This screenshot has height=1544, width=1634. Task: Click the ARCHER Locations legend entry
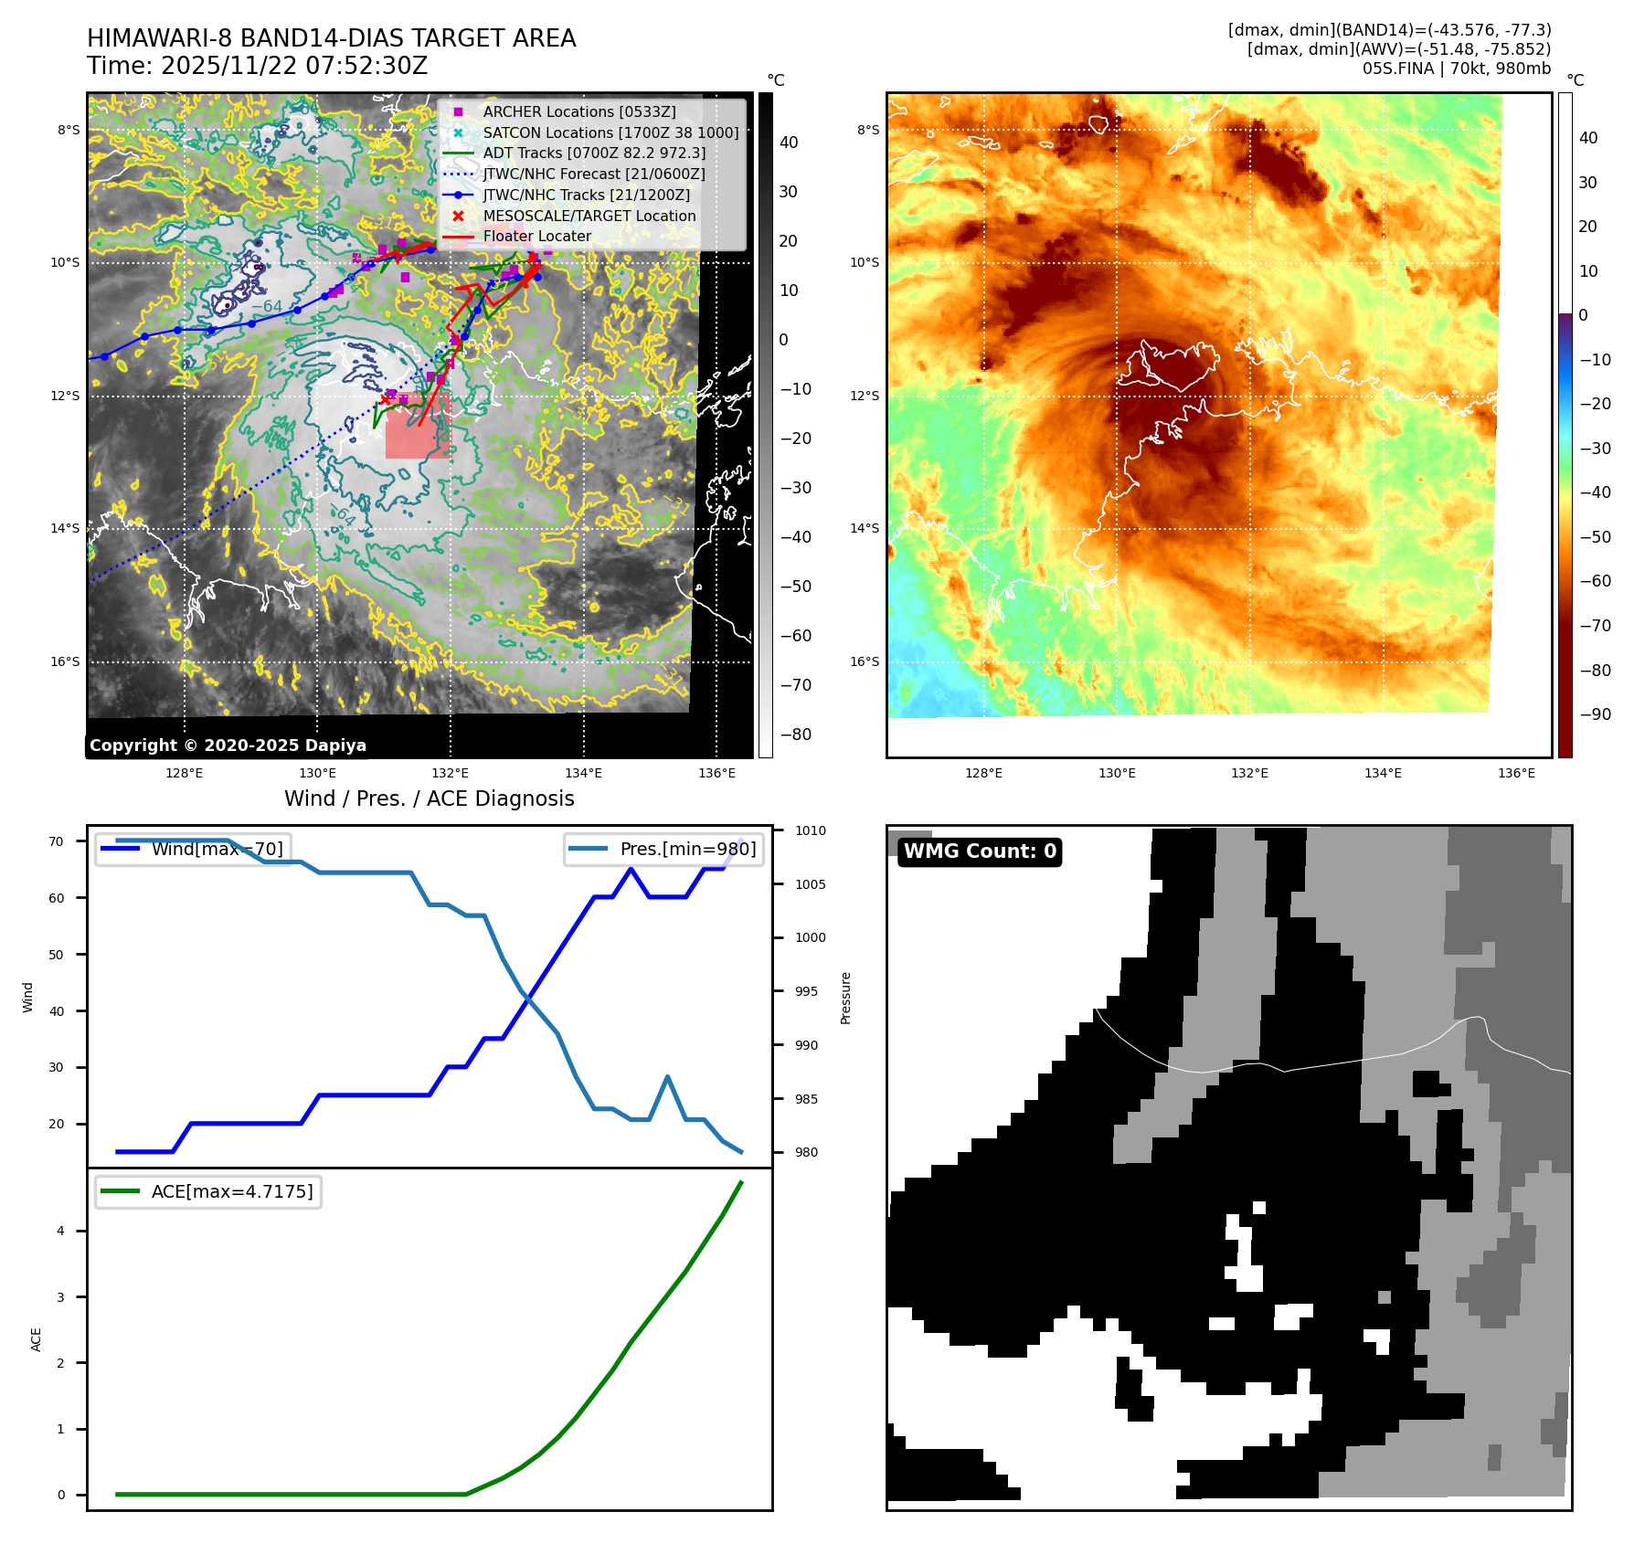point(579,111)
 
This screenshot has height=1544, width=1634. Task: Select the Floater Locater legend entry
point(536,236)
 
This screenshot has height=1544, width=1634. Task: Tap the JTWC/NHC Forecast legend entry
point(593,174)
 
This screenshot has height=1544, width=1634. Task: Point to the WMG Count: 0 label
point(980,851)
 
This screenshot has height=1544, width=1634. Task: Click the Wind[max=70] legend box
point(193,849)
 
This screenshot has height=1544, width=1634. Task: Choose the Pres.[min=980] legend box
point(663,849)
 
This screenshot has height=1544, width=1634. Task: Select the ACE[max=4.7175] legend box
point(208,1191)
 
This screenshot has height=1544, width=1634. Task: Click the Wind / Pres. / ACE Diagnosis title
point(430,798)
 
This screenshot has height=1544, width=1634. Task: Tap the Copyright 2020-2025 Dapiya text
point(228,746)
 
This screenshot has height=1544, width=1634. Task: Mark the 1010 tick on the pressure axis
point(810,830)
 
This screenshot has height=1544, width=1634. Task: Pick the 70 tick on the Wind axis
point(57,841)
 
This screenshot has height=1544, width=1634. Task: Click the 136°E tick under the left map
point(716,773)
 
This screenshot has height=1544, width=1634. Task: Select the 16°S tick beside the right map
point(865,661)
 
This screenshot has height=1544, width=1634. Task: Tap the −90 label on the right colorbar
point(1595,714)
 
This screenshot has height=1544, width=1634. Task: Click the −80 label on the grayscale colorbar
point(795,735)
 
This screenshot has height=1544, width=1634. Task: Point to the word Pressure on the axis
point(846,998)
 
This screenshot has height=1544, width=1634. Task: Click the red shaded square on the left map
point(419,427)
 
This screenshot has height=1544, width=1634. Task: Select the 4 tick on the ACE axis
point(60,1231)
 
